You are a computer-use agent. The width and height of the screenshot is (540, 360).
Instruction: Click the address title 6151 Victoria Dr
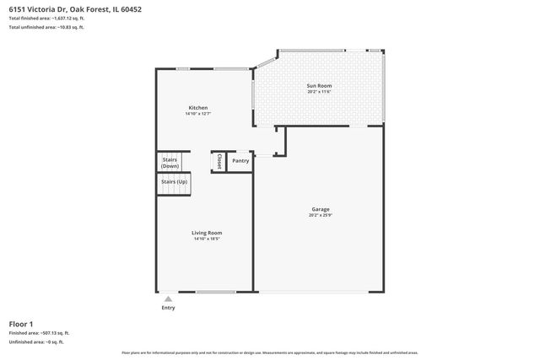[64, 8]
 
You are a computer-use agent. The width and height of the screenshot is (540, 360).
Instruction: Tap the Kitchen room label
[197, 108]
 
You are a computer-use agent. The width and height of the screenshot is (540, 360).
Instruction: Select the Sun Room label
[318, 86]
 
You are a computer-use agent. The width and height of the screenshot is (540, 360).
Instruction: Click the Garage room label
[320, 209]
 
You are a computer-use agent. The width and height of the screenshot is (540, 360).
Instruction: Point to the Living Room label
[207, 233]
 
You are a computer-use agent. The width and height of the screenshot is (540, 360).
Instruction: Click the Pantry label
[240, 160]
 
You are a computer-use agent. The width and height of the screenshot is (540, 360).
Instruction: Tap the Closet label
[219, 160]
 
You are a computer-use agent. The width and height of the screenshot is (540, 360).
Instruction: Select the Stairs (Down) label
[170, 162]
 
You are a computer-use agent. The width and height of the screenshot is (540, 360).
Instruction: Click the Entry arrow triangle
[168, 298]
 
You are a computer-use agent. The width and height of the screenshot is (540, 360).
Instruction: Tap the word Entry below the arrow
[168, 308]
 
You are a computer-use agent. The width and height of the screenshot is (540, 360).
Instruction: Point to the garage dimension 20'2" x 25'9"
[320, 216]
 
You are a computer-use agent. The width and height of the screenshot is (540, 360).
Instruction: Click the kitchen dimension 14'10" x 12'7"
[197, 115]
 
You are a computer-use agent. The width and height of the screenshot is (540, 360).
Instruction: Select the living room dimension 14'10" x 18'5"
[207, 239]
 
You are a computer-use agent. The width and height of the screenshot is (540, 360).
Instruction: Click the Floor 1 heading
[21, 324]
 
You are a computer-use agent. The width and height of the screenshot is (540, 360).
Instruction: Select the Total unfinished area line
[46, 28]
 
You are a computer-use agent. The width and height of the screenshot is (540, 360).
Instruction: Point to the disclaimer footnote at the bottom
[269, 352]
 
